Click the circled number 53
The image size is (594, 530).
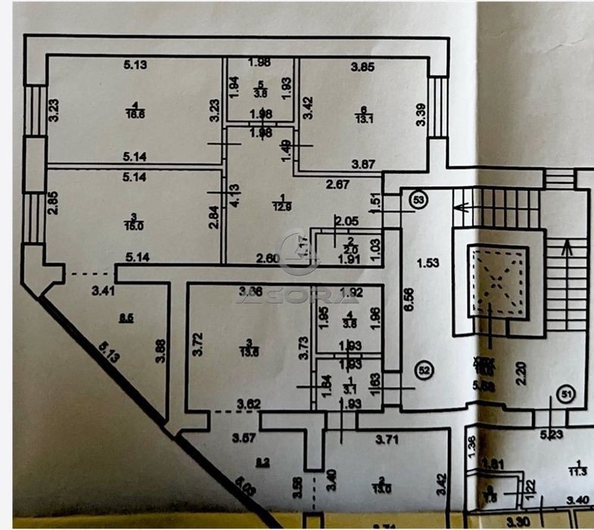[418, 200]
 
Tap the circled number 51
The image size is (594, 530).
[564, 394]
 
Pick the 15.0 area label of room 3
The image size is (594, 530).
[133, 225]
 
